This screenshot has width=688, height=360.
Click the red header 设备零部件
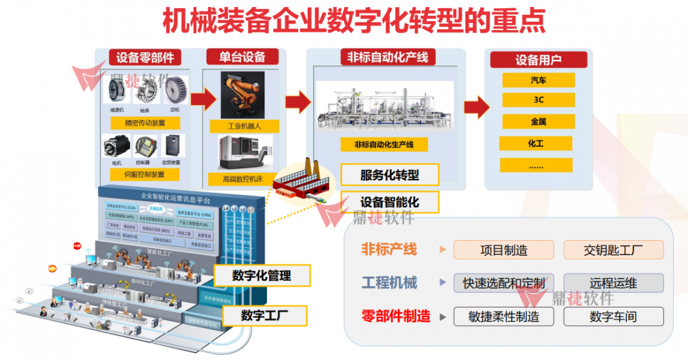pos(145,57)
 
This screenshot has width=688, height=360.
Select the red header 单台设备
pos(242,57)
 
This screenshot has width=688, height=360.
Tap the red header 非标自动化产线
pos(387,57)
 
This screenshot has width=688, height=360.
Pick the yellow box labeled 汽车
pos(538,80)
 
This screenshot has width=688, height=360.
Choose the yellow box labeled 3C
pos(538,100)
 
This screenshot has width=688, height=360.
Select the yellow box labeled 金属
pos(538,121)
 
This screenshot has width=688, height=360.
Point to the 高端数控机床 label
pos(243,179)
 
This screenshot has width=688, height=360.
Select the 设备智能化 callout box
pos(390,202)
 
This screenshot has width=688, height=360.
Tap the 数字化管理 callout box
pos(262,276)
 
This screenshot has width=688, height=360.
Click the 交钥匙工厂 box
pos(613,250)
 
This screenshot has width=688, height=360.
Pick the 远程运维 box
pos(613,283)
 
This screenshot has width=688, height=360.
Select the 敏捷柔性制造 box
pos(503,316)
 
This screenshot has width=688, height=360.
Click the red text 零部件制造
pos(396,316)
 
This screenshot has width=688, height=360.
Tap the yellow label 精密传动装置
pos(145,123)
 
